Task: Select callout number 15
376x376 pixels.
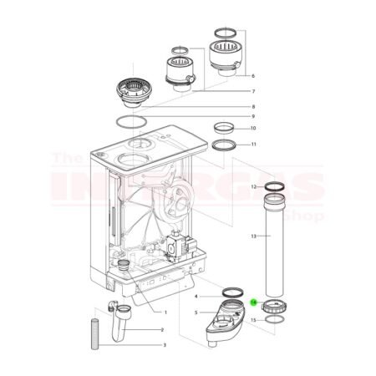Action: pos(253,320)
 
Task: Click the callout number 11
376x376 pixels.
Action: pos(253,145)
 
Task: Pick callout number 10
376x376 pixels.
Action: pos(253,129)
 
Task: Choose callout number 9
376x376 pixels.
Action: pos(253,116)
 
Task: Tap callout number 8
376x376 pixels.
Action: pos(253,106)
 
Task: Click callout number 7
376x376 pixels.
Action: pos(253,90)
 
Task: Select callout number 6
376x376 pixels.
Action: pos(253,75)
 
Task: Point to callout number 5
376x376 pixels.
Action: pos(196,312)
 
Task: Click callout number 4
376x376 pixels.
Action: pos(196,296)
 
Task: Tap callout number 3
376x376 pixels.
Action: pos(165,344)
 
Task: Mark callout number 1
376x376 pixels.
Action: pos(165,312)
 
